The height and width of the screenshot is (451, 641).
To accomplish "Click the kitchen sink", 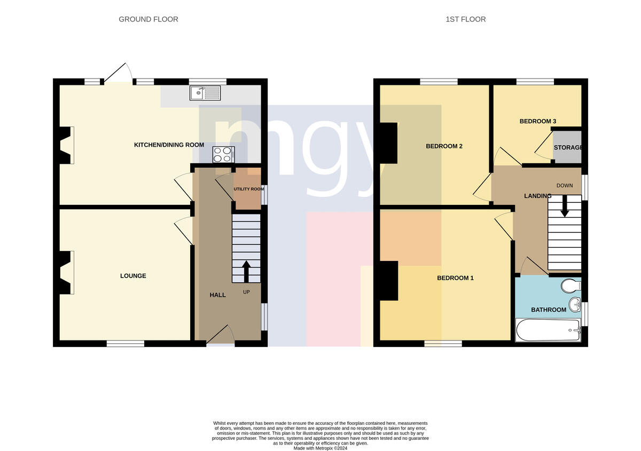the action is [x=205, y=93].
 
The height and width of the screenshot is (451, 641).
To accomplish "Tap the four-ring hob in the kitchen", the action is [x=223, y=154].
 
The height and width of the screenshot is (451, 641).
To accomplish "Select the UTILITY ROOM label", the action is [x=249, y=189].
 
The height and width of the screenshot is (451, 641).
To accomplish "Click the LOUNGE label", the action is [x=133, y=276].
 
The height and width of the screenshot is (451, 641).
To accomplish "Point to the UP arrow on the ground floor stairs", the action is [x=246, y=271].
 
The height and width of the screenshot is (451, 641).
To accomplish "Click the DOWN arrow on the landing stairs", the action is [x=565, y=206].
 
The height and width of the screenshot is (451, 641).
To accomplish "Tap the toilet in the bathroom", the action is [x=571, y=286].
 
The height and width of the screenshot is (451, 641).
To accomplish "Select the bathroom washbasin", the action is [x=575, y=305].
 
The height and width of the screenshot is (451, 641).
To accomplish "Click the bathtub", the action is [x=548, y=330].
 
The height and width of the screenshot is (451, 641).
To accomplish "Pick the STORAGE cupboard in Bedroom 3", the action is [x=567, y=147].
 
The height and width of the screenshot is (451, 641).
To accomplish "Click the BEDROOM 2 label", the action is [x=444, y=146].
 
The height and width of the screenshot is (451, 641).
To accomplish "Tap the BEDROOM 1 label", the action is [x=455, y=278].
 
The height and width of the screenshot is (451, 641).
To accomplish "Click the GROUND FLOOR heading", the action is [x=148, y=19].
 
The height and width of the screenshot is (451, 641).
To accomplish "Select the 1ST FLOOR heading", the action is [x=466, y=19].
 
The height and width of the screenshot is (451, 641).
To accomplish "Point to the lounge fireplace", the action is [x=65, y=273].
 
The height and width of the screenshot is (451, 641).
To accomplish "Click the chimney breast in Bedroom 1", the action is [x=389, y=281].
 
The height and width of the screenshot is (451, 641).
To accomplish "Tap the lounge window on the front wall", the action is [x=126, y=343].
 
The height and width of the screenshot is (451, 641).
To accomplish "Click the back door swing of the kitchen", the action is [x=119, y=73].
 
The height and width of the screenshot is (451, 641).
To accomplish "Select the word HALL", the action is [x=217, y=295].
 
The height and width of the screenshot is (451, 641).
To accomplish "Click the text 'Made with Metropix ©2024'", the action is [x=320, y=448].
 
